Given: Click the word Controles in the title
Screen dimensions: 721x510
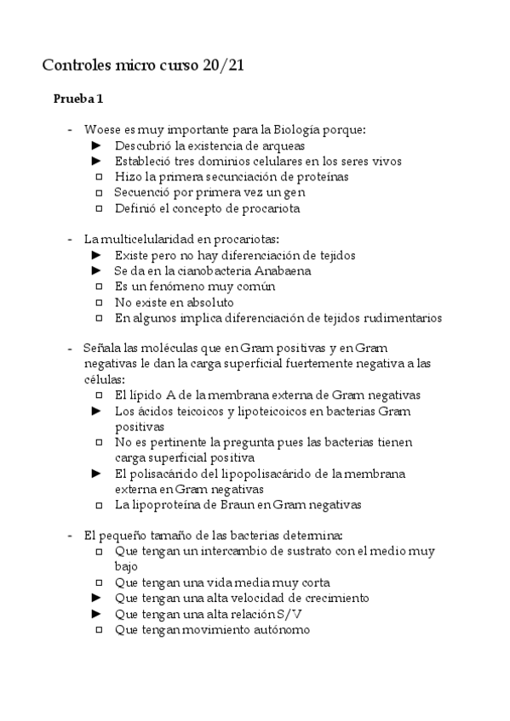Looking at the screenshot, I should coord(77,65).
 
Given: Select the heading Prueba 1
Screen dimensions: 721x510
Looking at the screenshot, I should coord(78,99).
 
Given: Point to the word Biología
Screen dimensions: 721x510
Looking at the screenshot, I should coord(299,130).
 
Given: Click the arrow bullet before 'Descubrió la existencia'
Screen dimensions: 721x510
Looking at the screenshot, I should coord(97,146).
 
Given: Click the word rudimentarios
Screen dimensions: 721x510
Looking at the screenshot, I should coord(401,318).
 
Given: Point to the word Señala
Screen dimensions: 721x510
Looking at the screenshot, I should coord(102,349).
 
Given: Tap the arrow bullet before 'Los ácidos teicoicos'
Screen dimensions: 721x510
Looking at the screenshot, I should coord(97,412).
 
